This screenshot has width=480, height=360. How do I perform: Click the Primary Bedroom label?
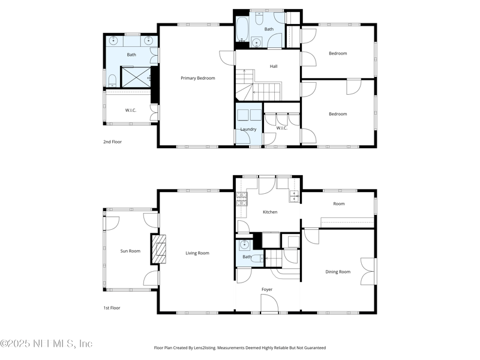[x=198, y=78]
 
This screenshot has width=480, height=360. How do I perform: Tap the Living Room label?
[x=197, y=253]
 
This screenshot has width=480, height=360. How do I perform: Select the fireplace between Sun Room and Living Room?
[x=158, y=249]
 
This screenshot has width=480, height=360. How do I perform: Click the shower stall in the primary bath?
[x=136, y=77]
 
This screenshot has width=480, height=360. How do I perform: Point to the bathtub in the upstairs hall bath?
[x=243, y=29]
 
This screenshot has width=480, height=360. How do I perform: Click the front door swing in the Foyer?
[x=269, y=303]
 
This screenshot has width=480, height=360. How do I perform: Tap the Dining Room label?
[x=338, y=272]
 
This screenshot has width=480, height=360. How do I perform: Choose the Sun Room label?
[x=130, y=251]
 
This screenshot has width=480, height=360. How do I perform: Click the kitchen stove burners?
[x=241, y=199]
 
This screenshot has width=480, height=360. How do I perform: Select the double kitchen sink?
[x=295, y=196]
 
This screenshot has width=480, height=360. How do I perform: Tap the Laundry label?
[x=248, y=129]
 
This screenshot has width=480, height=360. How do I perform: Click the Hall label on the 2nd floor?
[x=274, y=66]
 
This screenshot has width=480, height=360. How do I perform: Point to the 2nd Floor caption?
[x=112, y=142]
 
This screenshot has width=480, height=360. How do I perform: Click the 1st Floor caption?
[x=112, y=308]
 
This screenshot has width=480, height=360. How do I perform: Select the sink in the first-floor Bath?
[x=244, y=245]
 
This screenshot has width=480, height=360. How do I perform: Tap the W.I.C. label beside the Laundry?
[x=281, y=128]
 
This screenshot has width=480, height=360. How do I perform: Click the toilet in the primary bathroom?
[x=112, y=80]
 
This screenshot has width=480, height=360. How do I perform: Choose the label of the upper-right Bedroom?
[x=338, y=53]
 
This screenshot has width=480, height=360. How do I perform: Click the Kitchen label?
[x=270, y=212]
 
